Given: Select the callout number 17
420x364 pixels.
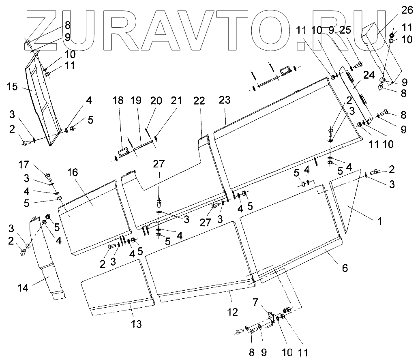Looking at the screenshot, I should click(x=24, y=165).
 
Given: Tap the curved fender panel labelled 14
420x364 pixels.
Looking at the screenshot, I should click(x=46, y=259).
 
